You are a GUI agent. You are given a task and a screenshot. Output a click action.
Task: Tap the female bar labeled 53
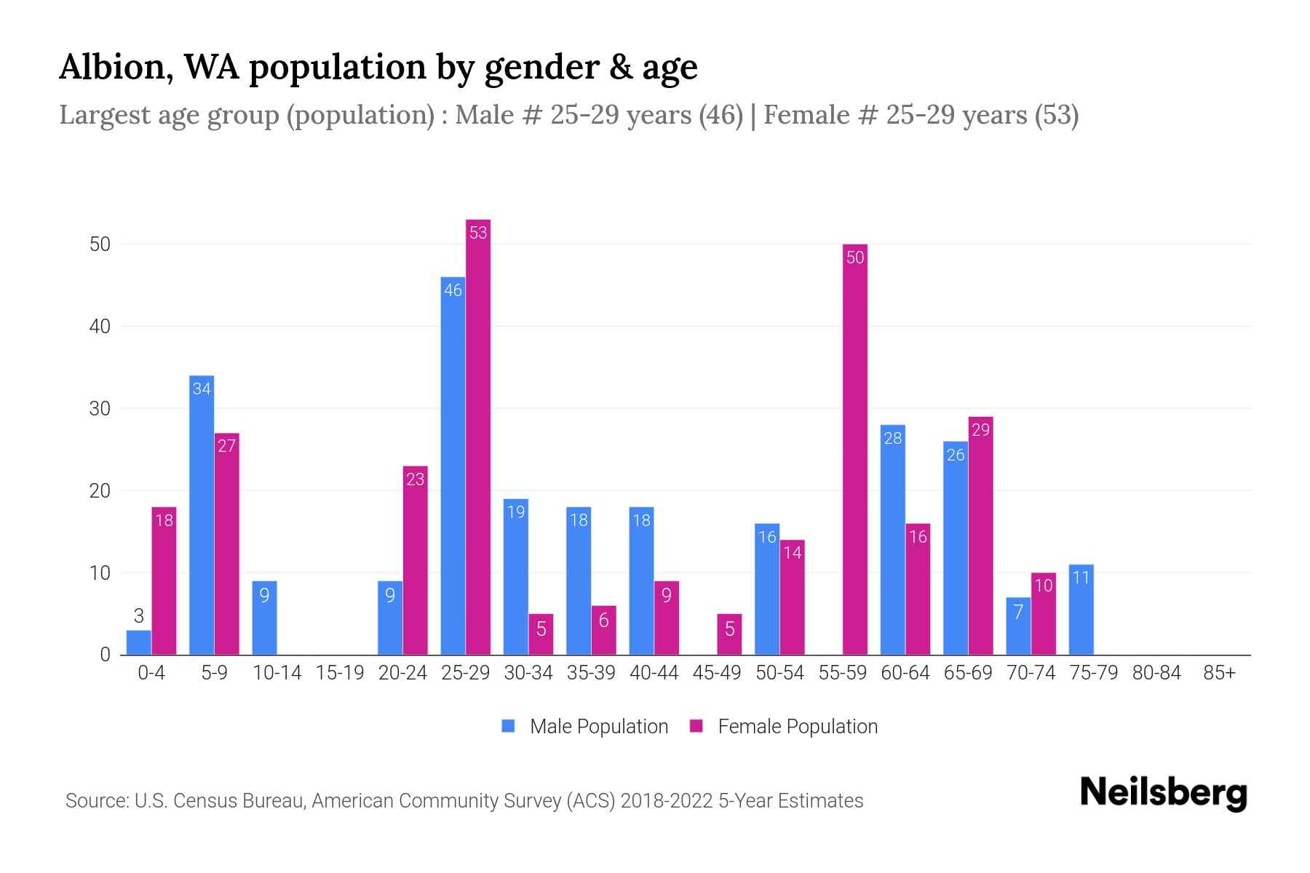pos(478,436)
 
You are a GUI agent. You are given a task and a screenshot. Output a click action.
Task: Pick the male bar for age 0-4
pos(138,643)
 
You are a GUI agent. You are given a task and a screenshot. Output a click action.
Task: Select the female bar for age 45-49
pos(729,634)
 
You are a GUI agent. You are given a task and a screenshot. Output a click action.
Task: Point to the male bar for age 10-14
pos(264,618)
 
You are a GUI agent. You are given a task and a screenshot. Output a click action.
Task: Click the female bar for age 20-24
pos(415,560)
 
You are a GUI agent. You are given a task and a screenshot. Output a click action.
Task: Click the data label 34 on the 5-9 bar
pos(202,388)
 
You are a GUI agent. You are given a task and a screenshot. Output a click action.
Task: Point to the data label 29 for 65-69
pos(980,430)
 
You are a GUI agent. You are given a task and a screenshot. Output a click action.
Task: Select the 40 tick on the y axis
pos(100,327)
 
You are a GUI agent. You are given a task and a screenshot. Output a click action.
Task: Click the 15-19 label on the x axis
pos(340,673)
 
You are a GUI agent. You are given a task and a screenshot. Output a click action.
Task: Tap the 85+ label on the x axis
pos(1219,673)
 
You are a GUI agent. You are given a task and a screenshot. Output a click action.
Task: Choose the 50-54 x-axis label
pos(779,673)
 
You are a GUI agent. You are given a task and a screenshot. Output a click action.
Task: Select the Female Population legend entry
pos(784,726)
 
